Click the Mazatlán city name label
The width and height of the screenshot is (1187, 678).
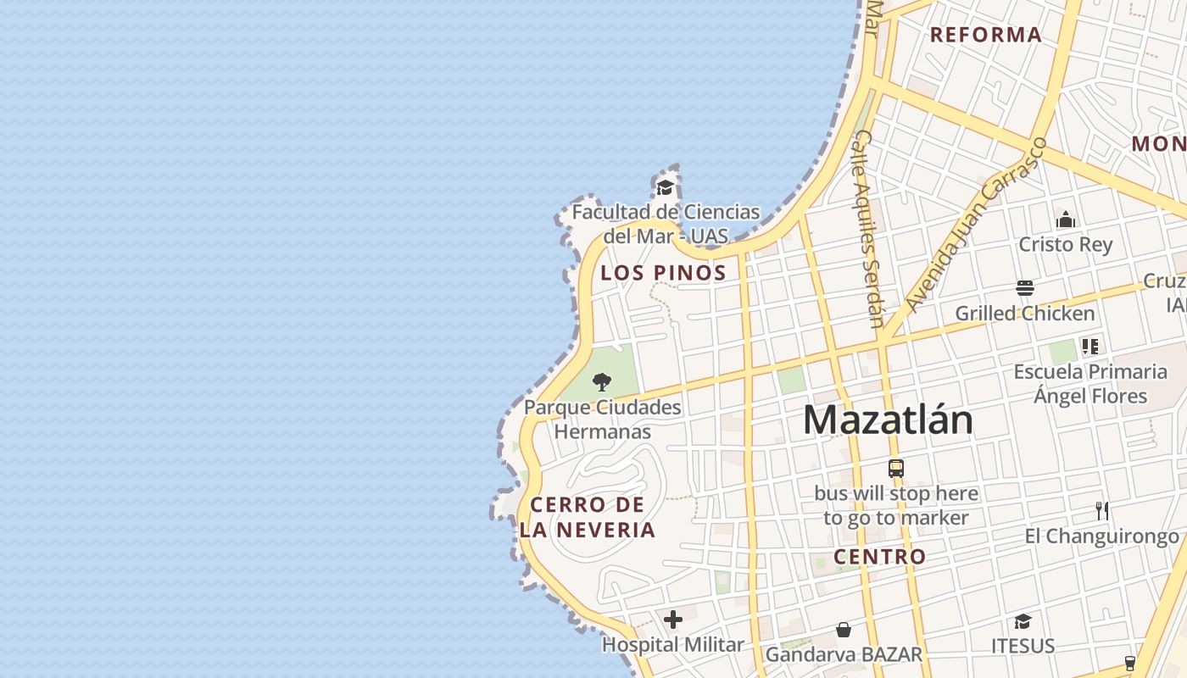click(888, 420)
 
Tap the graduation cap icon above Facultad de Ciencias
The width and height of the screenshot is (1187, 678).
click(666, 187)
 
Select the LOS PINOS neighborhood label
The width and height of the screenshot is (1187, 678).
click(663, 273)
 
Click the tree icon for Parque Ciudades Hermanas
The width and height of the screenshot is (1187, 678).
click(602, 381)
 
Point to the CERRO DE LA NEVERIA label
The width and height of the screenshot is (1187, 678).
click(588, 518)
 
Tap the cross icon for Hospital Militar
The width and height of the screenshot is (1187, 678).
click(673, 620)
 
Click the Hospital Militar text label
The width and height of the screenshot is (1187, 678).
click(672, 645)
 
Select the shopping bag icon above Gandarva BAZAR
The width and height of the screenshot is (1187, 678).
click(844, 630)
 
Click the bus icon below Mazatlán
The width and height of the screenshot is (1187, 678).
click(896, 468)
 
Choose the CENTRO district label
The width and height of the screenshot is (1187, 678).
click(879, 557)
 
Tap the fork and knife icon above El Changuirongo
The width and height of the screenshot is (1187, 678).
click(1102, 511)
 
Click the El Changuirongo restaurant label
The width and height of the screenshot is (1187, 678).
click(1101, 536)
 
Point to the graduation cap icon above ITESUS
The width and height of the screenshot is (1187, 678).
click(1023, 621)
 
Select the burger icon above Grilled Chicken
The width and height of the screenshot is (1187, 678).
click(1025, 288)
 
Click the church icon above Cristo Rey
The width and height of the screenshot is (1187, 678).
click(1066, 220)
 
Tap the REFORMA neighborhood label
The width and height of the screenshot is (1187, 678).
click(986, 35)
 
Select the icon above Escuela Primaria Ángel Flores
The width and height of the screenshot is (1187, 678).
click(1090, 346)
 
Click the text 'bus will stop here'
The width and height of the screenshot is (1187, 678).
click(896, 493)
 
